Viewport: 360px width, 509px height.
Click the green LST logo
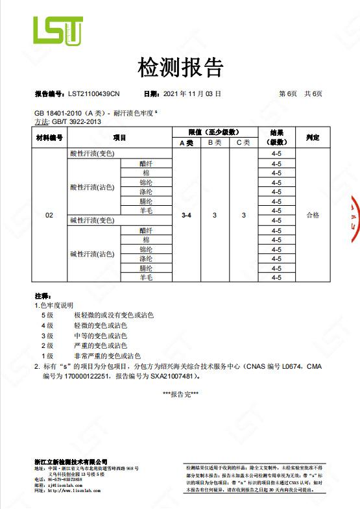click(58, 31)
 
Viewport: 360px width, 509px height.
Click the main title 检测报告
click(180, 67)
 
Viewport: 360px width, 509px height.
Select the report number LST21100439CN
click(93, 93)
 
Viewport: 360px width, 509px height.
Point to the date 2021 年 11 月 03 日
click(191, 93)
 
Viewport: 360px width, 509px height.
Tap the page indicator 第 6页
click(287, 93)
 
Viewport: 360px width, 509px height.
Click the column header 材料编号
click(49, 138)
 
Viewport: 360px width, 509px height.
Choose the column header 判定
click(313, 138)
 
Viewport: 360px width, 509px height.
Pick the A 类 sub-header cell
click(187, 142)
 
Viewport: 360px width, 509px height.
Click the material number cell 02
click(49, 215)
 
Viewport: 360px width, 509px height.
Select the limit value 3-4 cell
click(187, 215)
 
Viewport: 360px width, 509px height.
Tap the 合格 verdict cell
click(313, 215)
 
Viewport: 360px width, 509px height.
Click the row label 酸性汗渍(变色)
click(92, 153)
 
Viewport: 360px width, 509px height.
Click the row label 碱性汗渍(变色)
click(92, 221)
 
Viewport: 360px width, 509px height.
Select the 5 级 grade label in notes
click(47, 315)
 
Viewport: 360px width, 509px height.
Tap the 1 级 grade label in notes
click(47, 356)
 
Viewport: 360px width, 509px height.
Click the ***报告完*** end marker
click(180, 394)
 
